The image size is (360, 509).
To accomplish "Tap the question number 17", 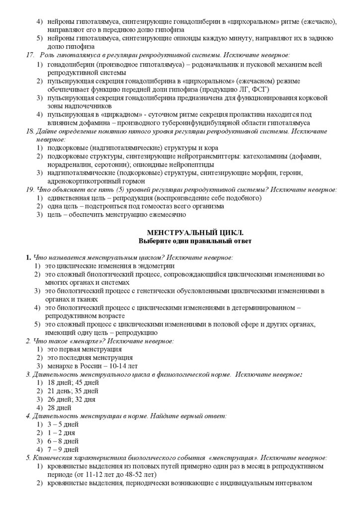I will click(x=30, y=55).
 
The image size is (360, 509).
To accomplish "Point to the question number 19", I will click(x=29, y=189).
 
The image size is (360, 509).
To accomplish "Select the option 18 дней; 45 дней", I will click(x=73, y=382).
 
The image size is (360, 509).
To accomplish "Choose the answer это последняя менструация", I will click(x=90, y=357).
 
